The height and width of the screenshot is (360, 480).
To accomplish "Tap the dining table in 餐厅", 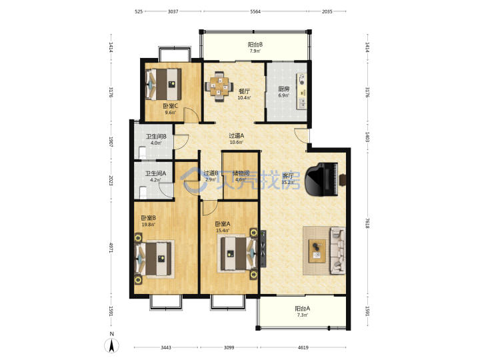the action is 219,86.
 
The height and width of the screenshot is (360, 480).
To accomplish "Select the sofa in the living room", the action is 337,251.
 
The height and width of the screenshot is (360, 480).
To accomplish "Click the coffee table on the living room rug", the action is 317,251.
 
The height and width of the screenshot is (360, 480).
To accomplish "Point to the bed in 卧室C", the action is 163,84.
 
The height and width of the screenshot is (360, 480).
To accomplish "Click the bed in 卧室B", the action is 153,259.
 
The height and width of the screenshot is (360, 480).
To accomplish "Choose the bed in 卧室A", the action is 239,254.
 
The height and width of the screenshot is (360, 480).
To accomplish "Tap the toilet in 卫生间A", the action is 143,193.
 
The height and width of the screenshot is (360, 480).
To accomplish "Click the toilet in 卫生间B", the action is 143,153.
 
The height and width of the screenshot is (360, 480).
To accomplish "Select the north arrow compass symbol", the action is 112,346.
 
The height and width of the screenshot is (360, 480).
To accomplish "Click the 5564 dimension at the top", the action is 255,11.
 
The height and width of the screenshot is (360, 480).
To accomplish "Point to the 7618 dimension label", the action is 367,223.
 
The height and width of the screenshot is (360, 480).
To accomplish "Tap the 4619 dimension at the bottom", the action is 303,347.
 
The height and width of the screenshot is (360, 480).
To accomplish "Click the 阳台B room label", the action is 255,45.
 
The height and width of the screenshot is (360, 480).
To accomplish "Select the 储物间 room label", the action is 241,173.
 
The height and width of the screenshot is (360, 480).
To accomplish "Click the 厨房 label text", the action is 284,89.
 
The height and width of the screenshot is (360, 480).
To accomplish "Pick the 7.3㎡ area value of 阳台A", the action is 303,315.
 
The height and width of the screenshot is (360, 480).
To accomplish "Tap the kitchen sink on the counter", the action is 302,103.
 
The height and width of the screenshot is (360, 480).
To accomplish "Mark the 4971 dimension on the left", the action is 111,247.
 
